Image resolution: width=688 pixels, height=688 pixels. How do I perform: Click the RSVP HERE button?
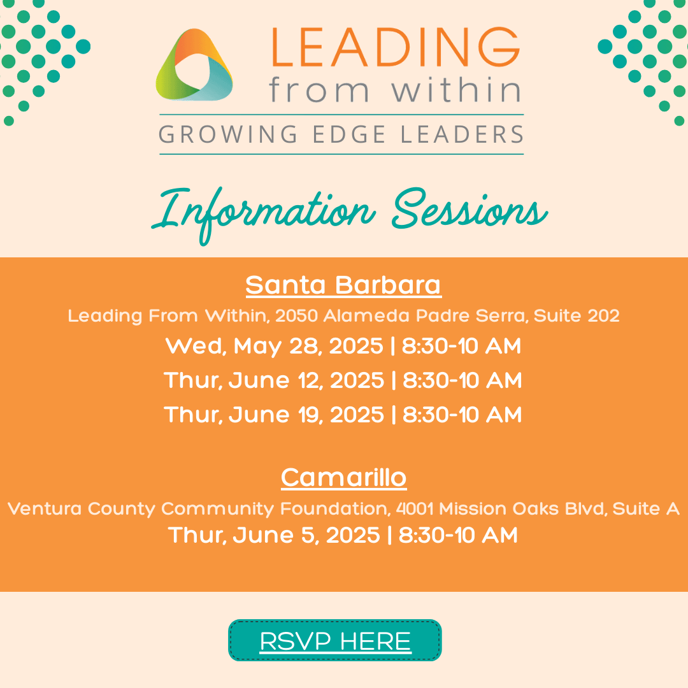[335, 640]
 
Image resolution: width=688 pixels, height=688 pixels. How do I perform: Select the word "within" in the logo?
[456, 90]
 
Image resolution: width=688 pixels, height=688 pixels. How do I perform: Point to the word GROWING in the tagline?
[227, 134]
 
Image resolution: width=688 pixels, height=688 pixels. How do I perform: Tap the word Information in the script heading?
[263, 213]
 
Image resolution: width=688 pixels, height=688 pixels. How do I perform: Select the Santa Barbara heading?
[343, 285]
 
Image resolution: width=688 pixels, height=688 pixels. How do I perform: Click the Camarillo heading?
[343, 477]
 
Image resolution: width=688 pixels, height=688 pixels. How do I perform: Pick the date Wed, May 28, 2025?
[274, 346]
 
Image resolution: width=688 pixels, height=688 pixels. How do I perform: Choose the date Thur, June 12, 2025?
[274, 380]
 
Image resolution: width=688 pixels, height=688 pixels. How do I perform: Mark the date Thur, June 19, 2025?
[274, 415]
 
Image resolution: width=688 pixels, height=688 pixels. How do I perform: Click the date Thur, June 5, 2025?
[274, 535]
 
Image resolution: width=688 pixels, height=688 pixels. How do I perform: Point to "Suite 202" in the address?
[577, 315]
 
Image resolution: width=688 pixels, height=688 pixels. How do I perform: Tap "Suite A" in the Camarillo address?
[646, 508]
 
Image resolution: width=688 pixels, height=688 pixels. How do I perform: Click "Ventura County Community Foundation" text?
[197, 509]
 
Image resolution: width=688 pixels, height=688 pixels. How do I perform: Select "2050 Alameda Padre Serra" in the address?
[401, 315]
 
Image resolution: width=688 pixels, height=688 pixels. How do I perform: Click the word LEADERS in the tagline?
[462, 134]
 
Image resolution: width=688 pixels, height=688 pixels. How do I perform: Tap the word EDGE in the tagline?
[349, 134]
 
